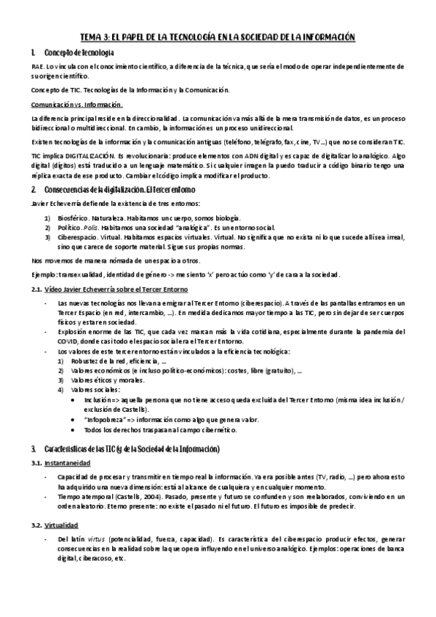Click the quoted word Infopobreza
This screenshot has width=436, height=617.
[x=108, y=418]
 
